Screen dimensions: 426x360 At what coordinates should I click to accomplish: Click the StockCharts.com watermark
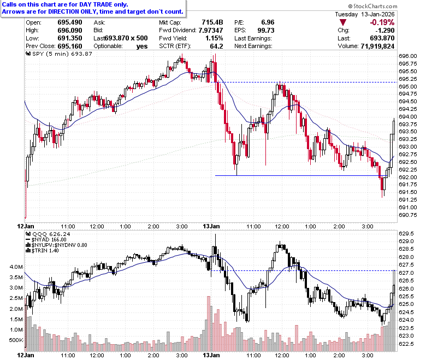(x=372, y=6)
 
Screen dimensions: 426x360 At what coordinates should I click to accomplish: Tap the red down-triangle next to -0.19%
(x=343, y=22)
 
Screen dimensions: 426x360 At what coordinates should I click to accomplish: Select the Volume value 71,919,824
(x=377, y=46)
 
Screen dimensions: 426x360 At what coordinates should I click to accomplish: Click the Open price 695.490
(x=70, y=22)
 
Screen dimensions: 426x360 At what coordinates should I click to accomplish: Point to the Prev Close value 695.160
(x=70, y=46)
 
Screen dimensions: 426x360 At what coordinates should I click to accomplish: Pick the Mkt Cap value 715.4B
(x=212, y=22)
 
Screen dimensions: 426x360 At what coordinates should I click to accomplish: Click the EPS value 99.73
(x=266, y=31)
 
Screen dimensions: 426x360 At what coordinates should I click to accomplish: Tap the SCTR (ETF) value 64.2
(x=216, y=46)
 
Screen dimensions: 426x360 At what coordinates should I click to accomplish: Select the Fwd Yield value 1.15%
(x=214, y=38)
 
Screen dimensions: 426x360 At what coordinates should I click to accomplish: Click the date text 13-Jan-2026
(x=377, y=14)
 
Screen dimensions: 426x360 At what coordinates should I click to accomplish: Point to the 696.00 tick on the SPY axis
(x=407, y=56)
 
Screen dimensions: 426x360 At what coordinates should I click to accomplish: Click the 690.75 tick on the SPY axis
(x=407, y=215)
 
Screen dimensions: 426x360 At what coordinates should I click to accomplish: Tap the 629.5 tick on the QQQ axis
(x=406, y=234)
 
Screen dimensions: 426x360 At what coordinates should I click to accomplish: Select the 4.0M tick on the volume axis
(x=16, y=267)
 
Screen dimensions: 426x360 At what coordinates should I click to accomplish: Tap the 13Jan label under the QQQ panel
(x=211, y=356)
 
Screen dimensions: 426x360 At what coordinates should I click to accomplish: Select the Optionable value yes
(x=142, y=46)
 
